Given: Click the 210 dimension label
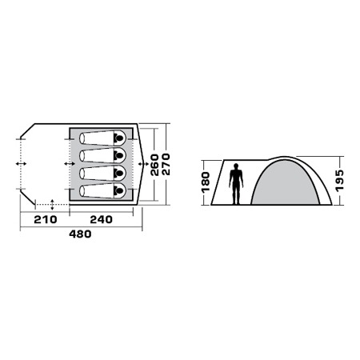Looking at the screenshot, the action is point(46,219).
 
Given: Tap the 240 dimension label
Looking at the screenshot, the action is point(102,219).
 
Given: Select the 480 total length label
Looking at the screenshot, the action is point(80,234).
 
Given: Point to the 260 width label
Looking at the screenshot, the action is point(154,165).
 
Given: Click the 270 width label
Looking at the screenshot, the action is point(166,164).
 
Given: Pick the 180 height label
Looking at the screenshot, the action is point(206,182).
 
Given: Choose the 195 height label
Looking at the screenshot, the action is point(339,181).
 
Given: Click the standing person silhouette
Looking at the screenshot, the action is point(236,184).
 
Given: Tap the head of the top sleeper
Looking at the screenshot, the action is point(118,138).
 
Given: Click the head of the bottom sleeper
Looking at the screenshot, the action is point(118,190).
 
